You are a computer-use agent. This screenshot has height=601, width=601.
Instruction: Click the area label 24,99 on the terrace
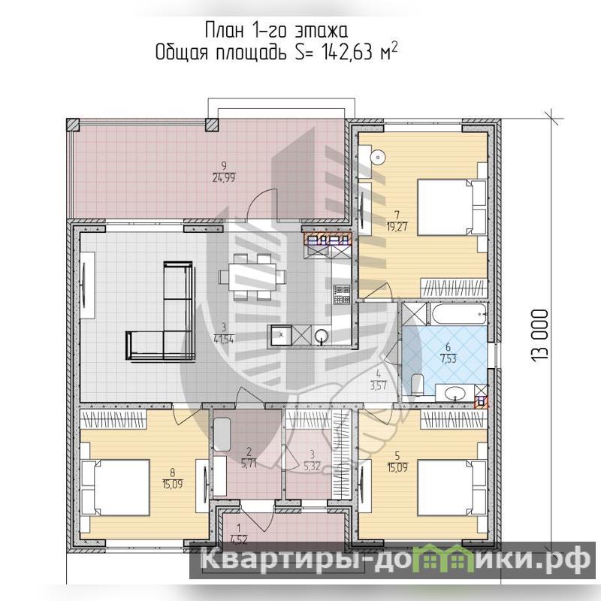pyautogui.click(x=224, y=178)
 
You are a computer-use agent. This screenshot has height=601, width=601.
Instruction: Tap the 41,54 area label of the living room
pyautogui.click(x=224, y=339)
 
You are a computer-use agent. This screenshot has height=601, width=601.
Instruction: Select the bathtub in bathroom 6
pyautogui.click(x=459, y=314)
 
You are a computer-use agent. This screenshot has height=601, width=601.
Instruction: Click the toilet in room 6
pyautogui.click(x=417, y=385)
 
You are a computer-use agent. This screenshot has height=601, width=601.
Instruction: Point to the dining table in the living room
pyautogui.click(x=252, y=276)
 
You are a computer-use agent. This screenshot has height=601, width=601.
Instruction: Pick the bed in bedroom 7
pyautogui.click(x=452, y=207)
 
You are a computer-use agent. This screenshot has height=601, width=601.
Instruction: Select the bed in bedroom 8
pyautogui.click(x=115, y=488)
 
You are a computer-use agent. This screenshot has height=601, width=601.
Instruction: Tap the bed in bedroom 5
pyautogui.click(x=452, y=488)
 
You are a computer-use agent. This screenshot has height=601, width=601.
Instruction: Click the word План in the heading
pyautogui.click(x=225, y=31)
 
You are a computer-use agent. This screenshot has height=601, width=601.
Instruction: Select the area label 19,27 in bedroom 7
pyautogui.click(x=397, y=227)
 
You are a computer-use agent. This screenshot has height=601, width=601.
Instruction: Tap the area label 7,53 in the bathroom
pyautogui.click(x=448, y=360)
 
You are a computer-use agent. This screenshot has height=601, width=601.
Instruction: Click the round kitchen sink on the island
pyautogui.click(x=322, y=336)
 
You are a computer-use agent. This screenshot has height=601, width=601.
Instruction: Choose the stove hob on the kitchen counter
pyautogui.click(x=342, y=294)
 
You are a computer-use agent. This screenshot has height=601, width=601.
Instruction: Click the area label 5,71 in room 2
pyautogui.click(x=249, y=465)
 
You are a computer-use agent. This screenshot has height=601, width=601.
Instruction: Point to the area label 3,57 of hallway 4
pyautogui.click(x=379, y=385)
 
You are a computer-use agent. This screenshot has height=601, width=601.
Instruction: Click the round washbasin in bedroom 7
pyautogui.click(x=378, y=157)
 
